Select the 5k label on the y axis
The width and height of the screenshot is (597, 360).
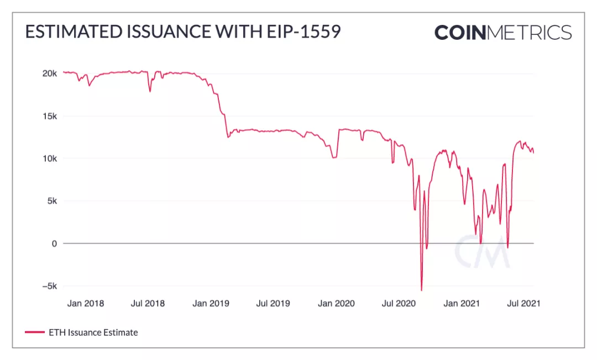pos(51,201)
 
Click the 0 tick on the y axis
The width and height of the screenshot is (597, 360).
pos(54,243)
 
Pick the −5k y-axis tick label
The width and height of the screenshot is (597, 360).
pos(49,286)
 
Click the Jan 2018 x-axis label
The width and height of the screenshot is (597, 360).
pos(85,303)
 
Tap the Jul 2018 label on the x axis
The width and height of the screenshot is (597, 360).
pos(148,303)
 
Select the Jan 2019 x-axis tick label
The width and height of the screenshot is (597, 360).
pos(211,303)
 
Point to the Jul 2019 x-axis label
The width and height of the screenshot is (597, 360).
pos(273,303)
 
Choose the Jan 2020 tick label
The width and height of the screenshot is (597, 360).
pos(336,303)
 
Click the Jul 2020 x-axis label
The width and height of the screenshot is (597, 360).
pos(399,303)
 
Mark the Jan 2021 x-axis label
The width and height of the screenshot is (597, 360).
pos(462,303)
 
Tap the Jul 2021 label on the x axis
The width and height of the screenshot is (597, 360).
pos(523,303)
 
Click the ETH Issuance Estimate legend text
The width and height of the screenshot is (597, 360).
pos(93,332)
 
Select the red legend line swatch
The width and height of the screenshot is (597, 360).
pos(34,332)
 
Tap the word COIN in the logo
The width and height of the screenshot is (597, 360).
pos(460,32)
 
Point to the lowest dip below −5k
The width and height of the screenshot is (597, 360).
pos(421,290)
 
